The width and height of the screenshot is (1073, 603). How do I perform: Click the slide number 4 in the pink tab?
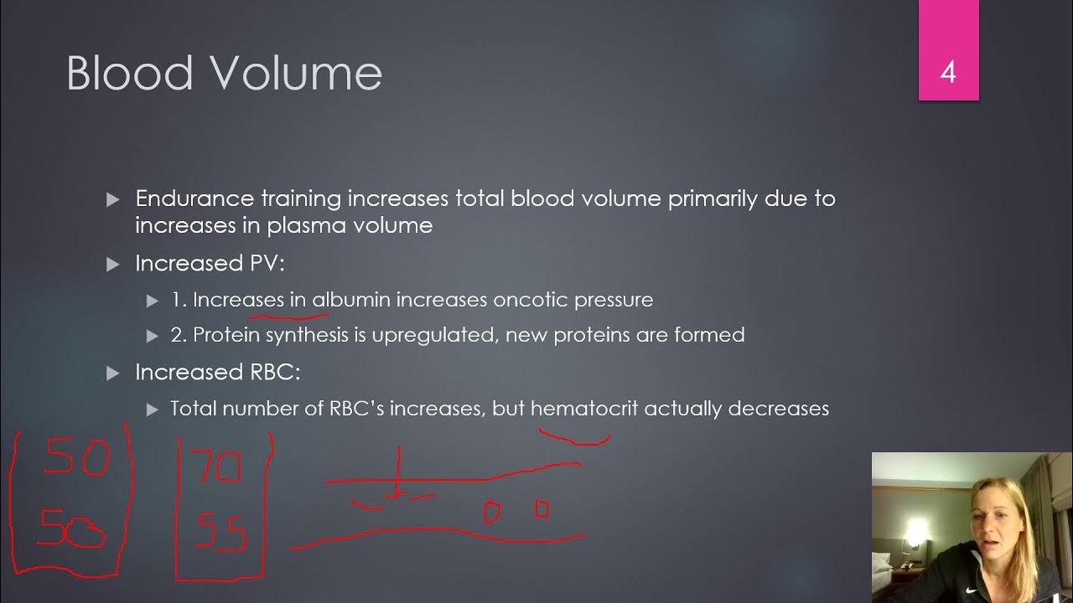pyautogui.click(x=948, y=72)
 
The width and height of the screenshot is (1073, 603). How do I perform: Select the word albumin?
pyautogui.click(x=351, y=299)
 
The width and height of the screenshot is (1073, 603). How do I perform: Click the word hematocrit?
pyautogui.click(x=583, y=408)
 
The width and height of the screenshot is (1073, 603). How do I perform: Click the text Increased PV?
pyautogui.click(x=210, y=263)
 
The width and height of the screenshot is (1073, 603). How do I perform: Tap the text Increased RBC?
pyautogui.click(x=217, y=372)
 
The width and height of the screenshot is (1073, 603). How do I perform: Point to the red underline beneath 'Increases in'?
pyautogui.click(x=288, y=317)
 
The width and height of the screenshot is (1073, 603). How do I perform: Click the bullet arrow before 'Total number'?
pyautogui.click(x=152, y=409)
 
